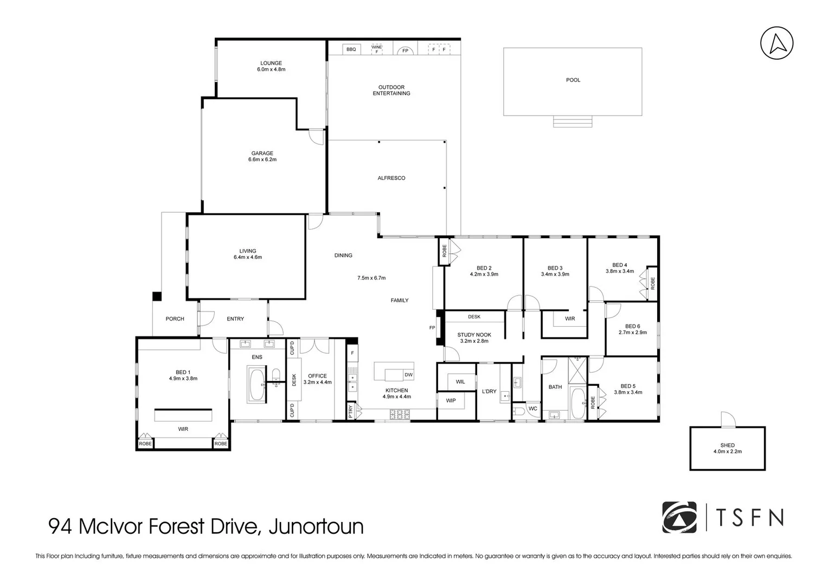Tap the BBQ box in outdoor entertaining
(x=351, y=49)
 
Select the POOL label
(x=573, y=80)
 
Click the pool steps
(x=573, y=121)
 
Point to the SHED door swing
(x=727, y=419)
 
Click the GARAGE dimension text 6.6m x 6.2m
(x=262, y=160)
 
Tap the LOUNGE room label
(x=271, y=63)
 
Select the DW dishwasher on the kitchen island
(x=408, y=375)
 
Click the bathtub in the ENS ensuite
(x=257, y=385)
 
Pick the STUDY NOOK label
(x=474, y=335)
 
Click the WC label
(x=532, y=409)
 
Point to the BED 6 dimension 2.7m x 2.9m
(x=632, y=333)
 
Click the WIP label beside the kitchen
(x=451, y=400)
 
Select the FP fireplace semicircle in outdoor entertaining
(x=405, y=50)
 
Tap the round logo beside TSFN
(x=679, y=517)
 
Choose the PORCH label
(x=175, y=319)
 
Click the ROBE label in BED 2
(x=444, y=251)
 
